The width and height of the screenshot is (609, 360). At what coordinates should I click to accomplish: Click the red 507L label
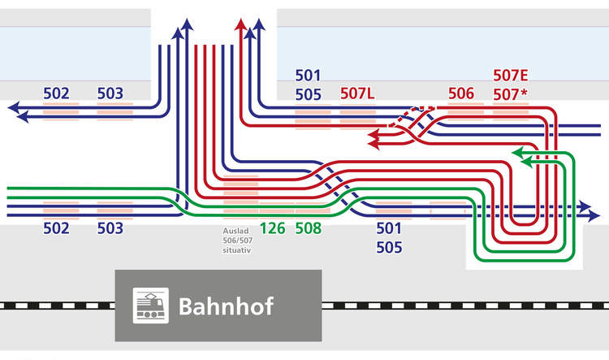pyautogui.click(x=357, y=93)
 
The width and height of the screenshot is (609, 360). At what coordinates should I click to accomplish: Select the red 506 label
pyautogui.click(x=460, y=93)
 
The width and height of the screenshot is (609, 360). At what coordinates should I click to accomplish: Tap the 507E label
pyautogui.click(x=510, y=76)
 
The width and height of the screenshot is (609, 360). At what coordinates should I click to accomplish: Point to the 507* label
pyautogui.click(x=510, y=94)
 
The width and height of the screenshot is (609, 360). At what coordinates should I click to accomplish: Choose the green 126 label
pyautogui.click(x=273, y=228)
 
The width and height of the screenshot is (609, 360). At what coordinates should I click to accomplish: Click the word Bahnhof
pyautogui.click(x=225, y=306)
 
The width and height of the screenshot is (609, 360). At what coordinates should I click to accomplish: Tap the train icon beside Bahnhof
pyautogui.click(x=151, y=306)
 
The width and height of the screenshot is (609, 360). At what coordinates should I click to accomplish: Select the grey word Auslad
pyautogui.click(x=235, y=231)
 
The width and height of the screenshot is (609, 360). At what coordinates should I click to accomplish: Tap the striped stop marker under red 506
pyautogui.click(x=465, y=110)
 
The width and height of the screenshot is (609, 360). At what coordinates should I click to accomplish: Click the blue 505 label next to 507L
pyautogui.click(x=309, y=94)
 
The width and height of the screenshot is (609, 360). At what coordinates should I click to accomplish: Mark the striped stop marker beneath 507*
pyautogui.click(x=510, y=110)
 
